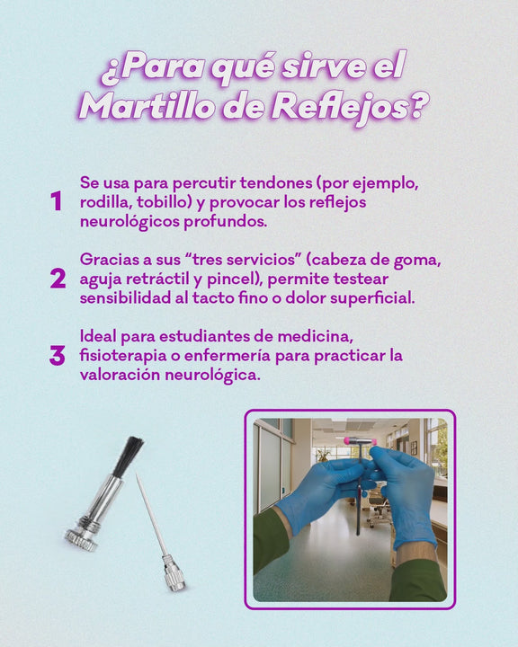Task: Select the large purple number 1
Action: click(x=57, y=201)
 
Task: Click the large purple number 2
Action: click(x=58, y=279)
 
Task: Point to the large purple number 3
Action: click(x=58, y=356)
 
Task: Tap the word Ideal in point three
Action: click(x=98, y=336)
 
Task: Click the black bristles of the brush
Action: click(x=128, y=456)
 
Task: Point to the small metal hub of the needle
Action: click(x=174, y=572)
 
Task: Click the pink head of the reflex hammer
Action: click(x=359, y=442)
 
